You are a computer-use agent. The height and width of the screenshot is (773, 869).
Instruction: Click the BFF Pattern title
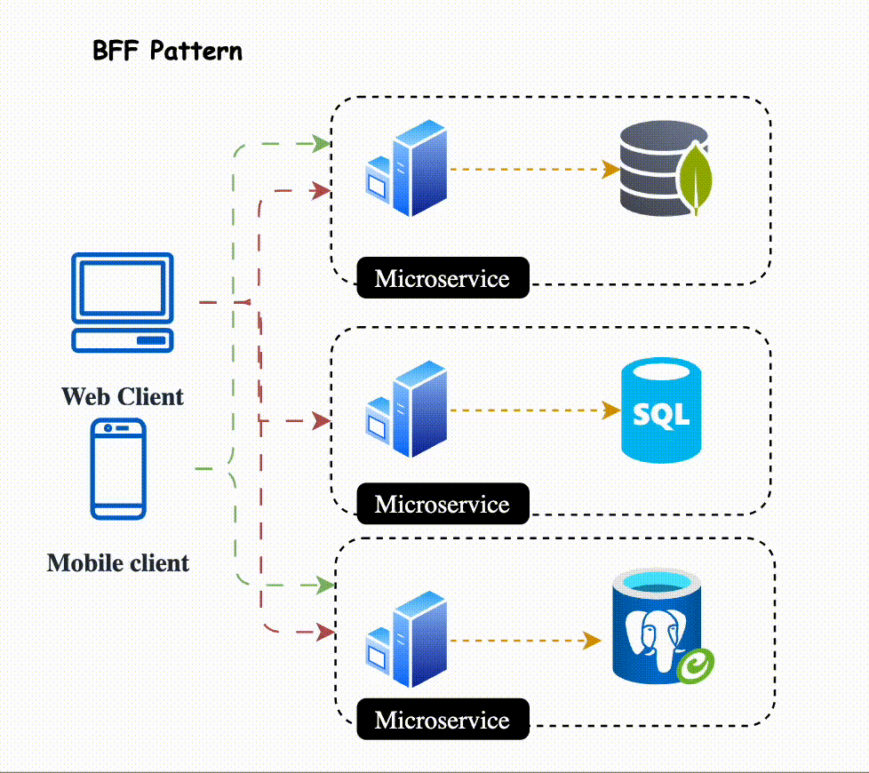tap(167, 51)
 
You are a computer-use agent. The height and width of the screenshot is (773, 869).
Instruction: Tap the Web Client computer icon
tap(123, 302)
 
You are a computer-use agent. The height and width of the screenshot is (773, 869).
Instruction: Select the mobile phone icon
tap(117, 468)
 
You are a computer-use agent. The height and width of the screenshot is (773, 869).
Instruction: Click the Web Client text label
tap(123, 396)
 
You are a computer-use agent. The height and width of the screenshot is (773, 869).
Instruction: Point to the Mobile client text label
tap(118, 562)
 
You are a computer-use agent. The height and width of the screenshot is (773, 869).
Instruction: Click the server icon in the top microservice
tap(406, 169)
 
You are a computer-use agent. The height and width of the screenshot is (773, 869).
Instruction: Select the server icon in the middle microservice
tap(406, 410)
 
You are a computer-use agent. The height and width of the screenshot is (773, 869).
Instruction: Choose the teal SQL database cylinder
tap(662, 410)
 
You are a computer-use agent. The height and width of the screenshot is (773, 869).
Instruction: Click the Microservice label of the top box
tap(442, 278)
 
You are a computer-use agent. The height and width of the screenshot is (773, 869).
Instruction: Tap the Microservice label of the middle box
tap(442, 505)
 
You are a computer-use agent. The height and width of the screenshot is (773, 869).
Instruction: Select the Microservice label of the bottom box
tap(442, 720)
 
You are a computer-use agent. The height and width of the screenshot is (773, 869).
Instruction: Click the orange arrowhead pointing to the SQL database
tap(611, 410)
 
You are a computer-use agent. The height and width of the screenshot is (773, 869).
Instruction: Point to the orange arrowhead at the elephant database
tap(593, 640)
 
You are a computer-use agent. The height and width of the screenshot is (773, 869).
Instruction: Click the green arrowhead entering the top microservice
tap(323, 143)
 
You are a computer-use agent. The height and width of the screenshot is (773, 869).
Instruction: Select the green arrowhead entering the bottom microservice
tap(325, 585)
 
